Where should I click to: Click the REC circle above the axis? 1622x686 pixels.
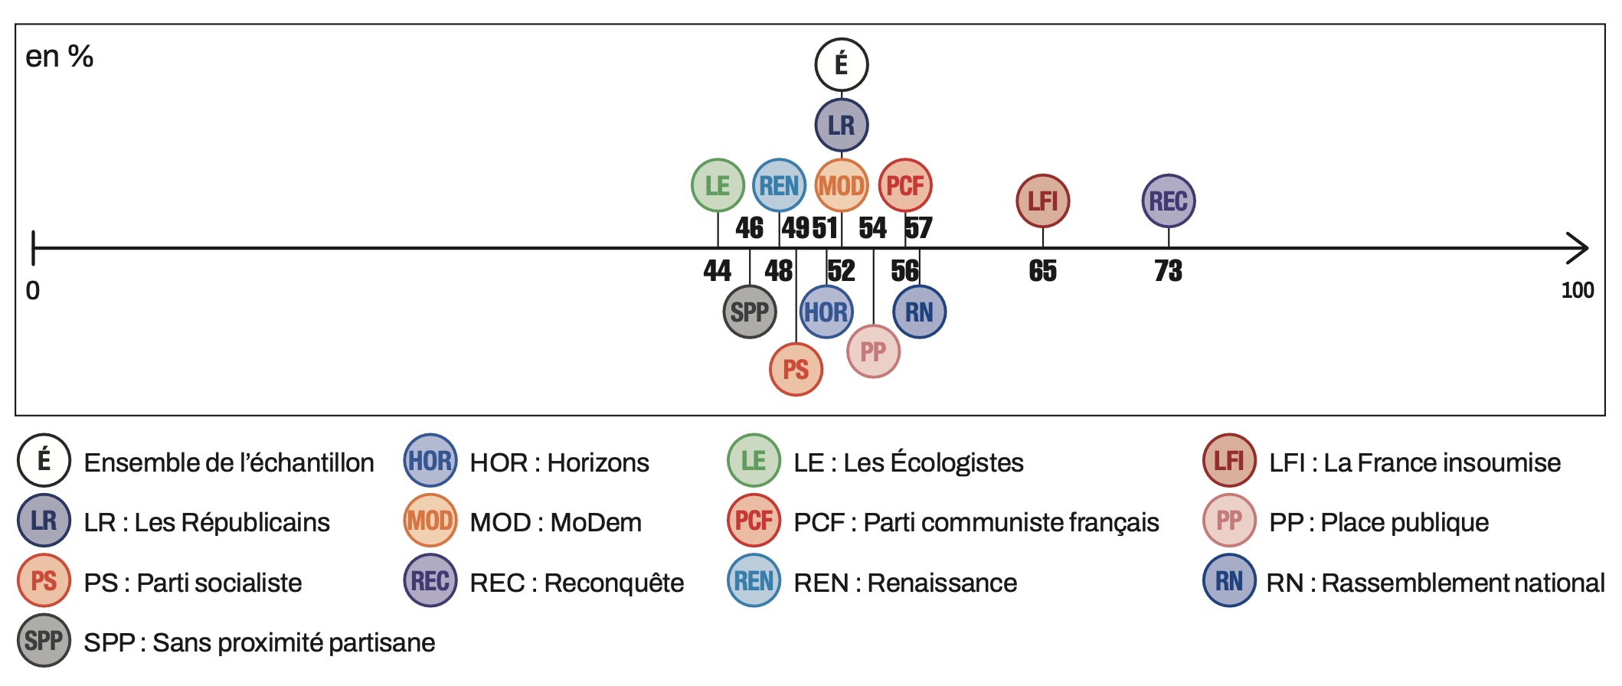point(1168,201)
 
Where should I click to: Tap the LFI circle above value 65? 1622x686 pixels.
point(1042,201)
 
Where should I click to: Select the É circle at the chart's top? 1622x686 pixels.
point(841,64)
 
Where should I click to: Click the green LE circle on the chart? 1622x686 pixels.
point(718,185)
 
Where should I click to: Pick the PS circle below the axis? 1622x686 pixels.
point(796,370)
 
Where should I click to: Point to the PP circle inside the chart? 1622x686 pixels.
point(873,351)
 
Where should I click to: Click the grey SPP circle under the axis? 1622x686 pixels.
point(749,312)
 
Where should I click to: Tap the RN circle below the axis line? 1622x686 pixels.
point(919,312)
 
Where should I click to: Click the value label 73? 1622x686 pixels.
point(1168,271)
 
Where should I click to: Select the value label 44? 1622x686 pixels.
point(718,271)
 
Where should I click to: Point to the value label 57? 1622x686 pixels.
point(918,228)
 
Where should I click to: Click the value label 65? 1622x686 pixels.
point(1042,271)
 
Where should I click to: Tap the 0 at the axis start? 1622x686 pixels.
point(33,291)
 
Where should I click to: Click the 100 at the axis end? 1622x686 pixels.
point(1578,291)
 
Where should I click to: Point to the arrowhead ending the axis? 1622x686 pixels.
point(1579,248)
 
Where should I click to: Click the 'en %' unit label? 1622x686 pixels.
point(60,57)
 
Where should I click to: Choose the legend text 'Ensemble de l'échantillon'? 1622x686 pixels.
point(229,463)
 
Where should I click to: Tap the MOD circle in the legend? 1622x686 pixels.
point(430,521)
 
